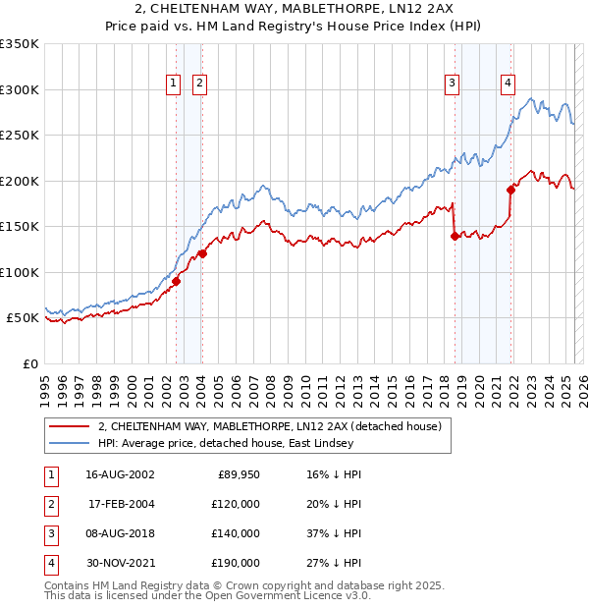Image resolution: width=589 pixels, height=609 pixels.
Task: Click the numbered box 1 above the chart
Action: tap(173, 83)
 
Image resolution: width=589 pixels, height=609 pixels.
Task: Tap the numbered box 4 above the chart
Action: tap(509, 83)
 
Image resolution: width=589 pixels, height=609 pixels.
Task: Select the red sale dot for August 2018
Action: tap(455, 236)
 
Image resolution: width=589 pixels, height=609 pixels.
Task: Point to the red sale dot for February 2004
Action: tap(202, 253)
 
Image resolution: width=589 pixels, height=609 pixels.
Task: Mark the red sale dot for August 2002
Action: tap(177, 281)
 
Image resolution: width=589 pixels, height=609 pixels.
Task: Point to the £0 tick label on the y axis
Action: tap(29, 363)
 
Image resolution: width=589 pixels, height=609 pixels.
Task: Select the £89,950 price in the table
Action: tap(237, 474)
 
